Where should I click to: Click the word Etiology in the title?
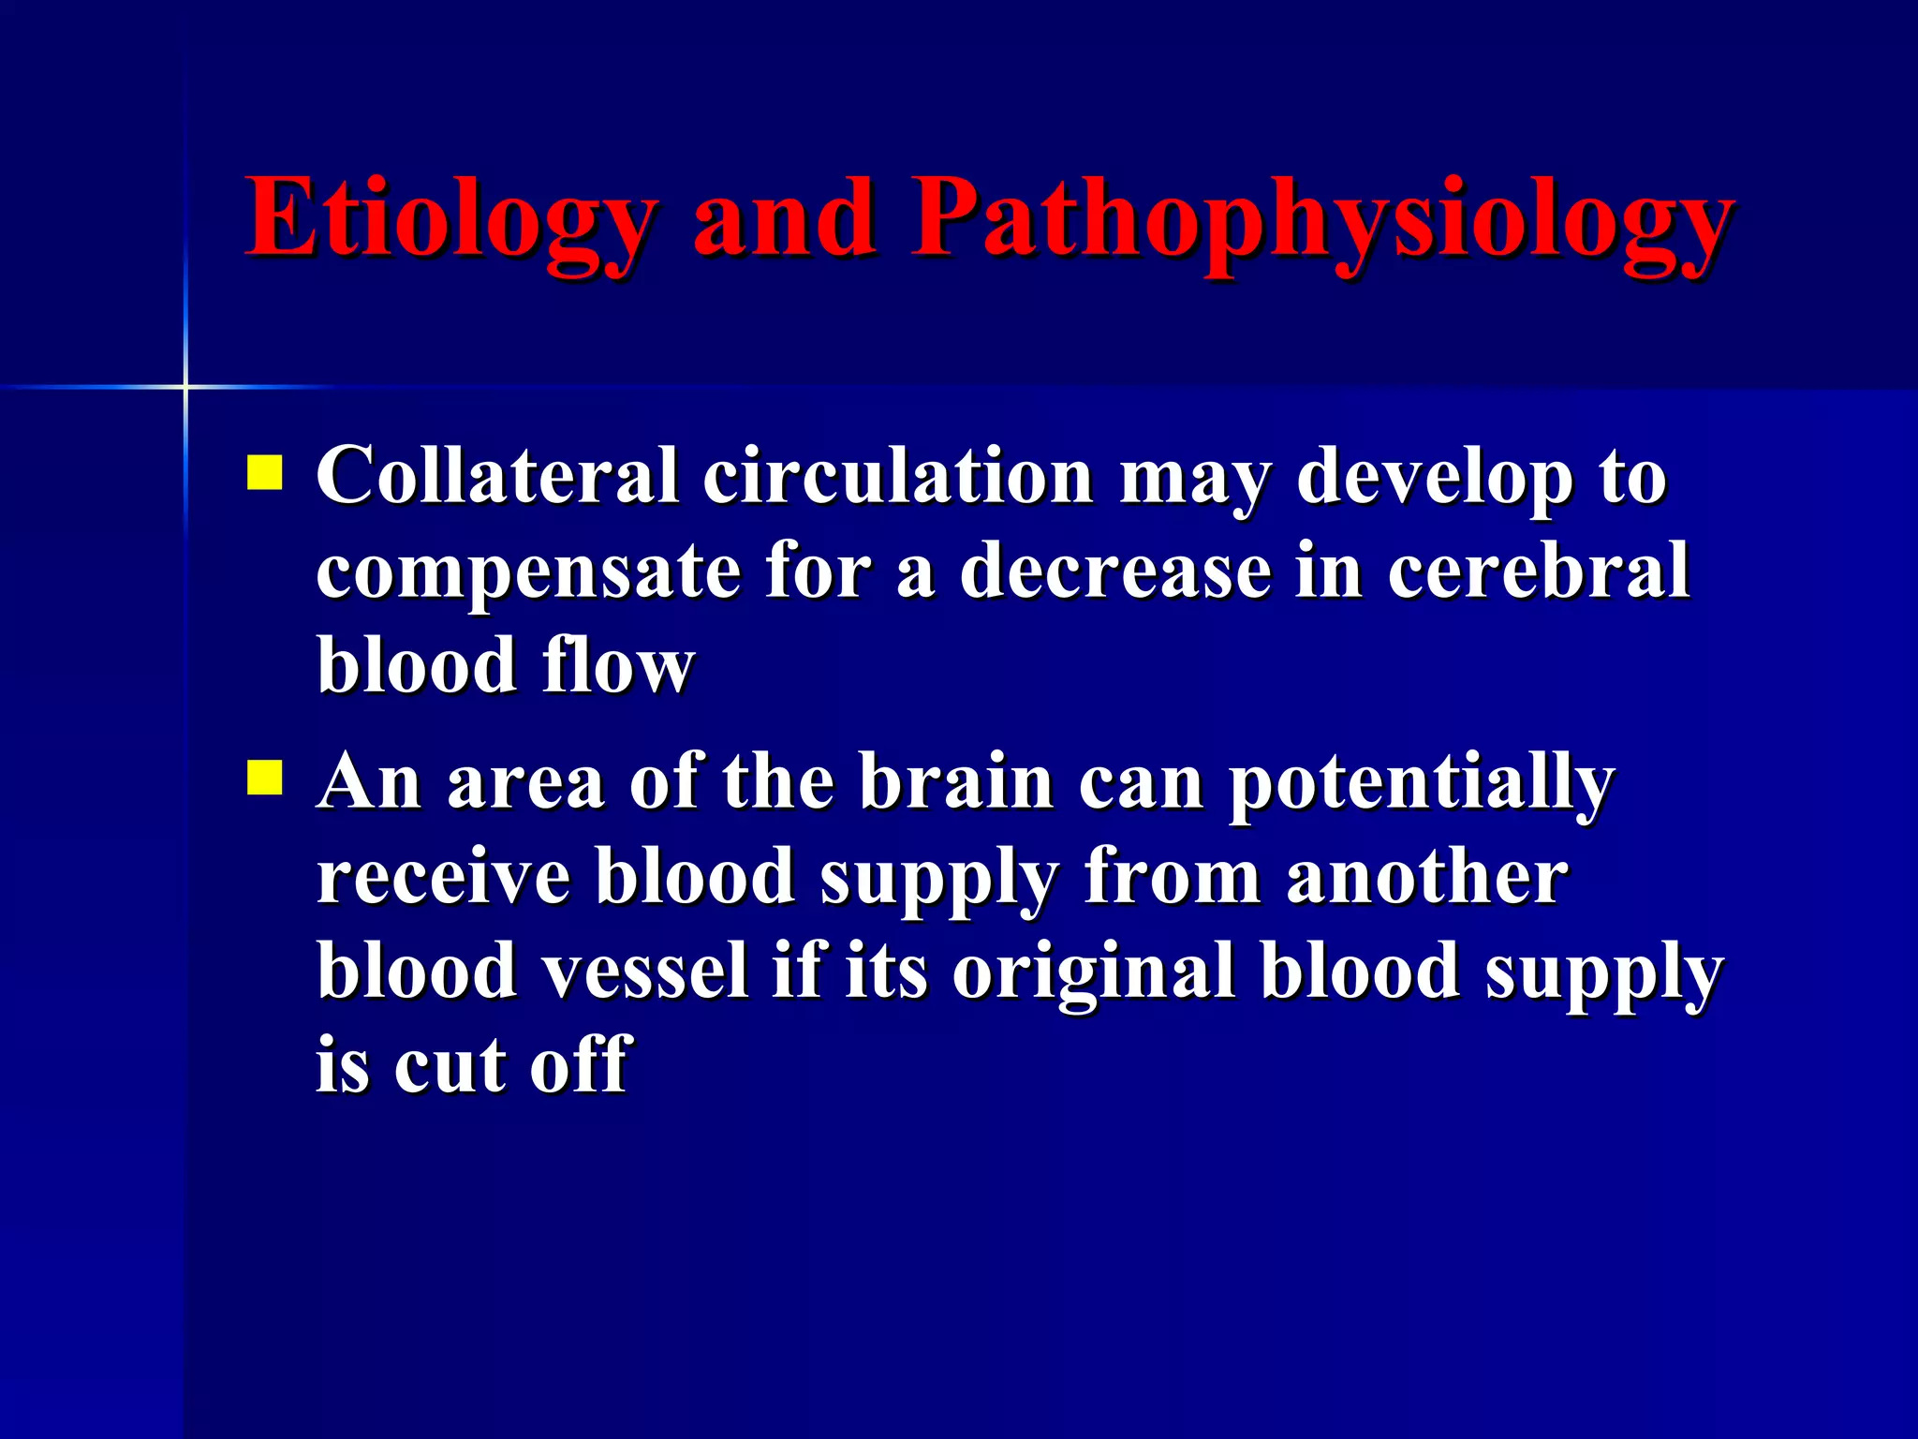click(x=450, y=220)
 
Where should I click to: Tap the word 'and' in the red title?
click(x=784, y=220)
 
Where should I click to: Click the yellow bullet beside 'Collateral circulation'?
click(x=264, y=473)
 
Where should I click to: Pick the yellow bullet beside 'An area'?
click(x=264, y=777)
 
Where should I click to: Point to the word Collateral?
click(x=496, y=476)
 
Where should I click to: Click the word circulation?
click(x=897, y=476)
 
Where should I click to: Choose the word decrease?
click(x=1114, y=571)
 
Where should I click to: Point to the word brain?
click(x=956, y=781)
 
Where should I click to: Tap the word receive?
click(x=443, y=877)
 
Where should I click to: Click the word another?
click(x=1426, y=877)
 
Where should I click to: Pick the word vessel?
click(x=647, y=971)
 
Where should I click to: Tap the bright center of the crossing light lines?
click(x=185, y=386)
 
